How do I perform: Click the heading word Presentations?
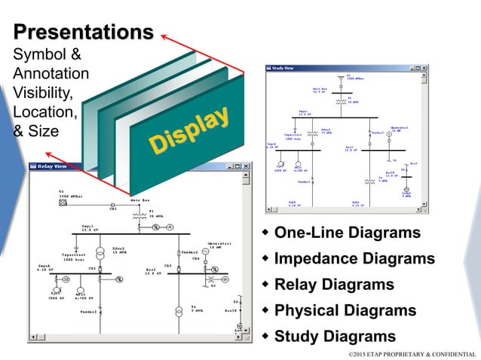[83, 32]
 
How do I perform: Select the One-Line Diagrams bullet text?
[347, 233]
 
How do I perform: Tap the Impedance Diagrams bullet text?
[354, 259]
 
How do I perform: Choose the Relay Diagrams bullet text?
[334, 285]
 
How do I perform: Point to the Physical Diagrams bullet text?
[345, 310]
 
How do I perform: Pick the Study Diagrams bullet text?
[335, 336]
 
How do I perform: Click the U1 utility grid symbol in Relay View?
[63, 203]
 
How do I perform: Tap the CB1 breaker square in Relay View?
[112, 204]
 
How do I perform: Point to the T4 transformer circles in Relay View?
[179, 310]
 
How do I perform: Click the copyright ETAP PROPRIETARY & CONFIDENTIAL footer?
[412, 353]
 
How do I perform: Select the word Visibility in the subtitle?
[42, 93]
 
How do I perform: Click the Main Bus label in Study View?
[321, 90]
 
